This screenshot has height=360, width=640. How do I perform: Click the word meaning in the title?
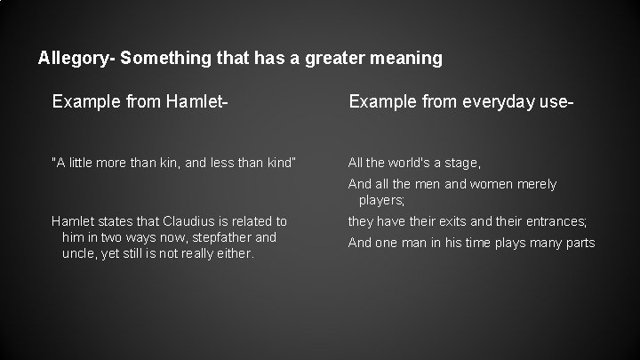click(x=408, y=59)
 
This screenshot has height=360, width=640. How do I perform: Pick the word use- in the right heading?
click(x=554, y=104)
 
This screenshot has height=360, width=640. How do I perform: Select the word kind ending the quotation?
click(x=278, y=162)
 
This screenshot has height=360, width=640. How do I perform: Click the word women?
click(x=491, y=184)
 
